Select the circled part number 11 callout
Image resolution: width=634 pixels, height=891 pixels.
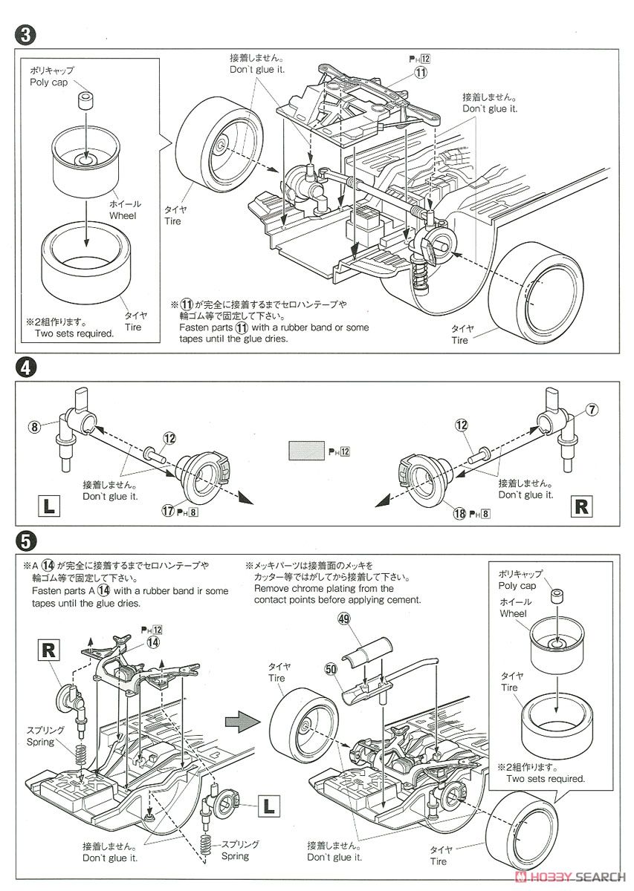point(421,73)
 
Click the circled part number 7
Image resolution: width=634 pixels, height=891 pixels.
point(592,409)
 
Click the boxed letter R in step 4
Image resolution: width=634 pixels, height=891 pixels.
point(582,508)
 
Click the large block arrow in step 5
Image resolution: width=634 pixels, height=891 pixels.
point(239,718)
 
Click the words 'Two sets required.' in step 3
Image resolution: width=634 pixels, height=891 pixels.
point(74,333)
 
